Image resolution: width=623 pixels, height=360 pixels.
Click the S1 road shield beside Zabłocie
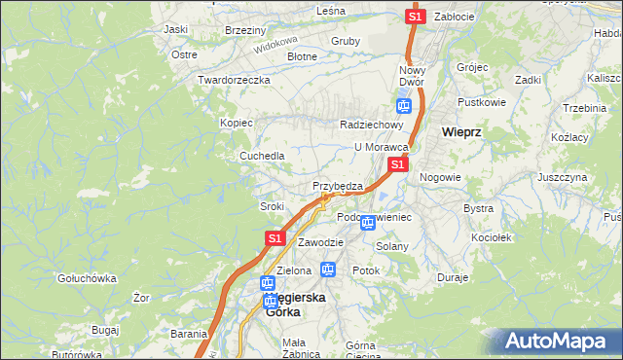click(416, 17)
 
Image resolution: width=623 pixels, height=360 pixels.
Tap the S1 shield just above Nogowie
click(397, 166)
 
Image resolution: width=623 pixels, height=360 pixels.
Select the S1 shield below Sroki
click(275, 237)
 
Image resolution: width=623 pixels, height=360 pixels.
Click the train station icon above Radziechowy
click(404, 106)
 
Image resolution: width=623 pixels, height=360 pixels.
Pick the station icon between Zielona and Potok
click(328, 270)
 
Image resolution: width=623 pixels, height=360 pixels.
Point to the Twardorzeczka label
click(233, 80)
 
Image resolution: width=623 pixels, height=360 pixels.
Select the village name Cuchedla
click(263, 156)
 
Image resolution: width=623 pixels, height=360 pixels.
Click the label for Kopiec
click(237, 123)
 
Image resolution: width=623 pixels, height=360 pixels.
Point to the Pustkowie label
click(483, 101)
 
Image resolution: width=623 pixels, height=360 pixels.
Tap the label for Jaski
click(176, 29)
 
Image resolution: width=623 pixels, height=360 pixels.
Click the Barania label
click(189, 334)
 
